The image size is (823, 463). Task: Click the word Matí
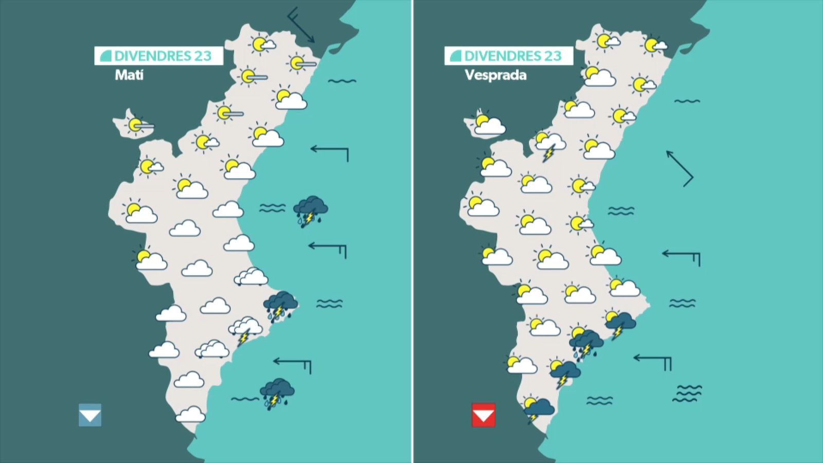(x=129, y=75)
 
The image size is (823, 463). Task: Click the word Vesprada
(x=495, y=75)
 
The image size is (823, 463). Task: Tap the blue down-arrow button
(x=90, y=415)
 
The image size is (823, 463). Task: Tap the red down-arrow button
(x=484, y=415)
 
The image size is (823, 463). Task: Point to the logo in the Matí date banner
(x=105, y=56)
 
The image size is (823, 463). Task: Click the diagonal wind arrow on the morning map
(x=301, y=25)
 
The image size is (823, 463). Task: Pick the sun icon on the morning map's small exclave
(x=136, y=125)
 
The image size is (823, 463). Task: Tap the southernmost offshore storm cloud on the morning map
(x=277, y=394)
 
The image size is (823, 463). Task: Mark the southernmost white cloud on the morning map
(x=190, y=414)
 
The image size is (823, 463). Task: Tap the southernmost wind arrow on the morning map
(x=293, y=363)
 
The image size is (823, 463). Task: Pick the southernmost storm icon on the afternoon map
(x=538, y=409)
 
